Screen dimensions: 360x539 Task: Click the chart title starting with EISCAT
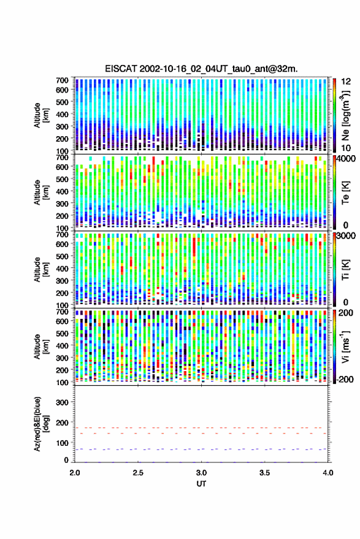(x=201, y=69)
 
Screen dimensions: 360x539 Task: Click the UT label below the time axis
(x=201, y=484)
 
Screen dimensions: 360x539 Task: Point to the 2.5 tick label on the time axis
(x=138, y=473)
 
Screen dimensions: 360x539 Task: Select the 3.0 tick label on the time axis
(x=202, y=473)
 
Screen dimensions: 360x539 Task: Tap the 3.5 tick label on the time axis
(x=265, y=473)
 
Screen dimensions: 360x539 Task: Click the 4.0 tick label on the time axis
(x=328, y=473)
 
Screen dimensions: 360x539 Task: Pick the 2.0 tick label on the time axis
(x=75, y=473)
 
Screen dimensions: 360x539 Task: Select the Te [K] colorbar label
(x=345, y=193)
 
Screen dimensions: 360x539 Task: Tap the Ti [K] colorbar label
(x=345, y=270)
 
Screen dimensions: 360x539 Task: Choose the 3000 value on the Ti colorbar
(x=347, y=236)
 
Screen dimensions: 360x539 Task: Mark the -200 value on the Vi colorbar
(x=345, y=379)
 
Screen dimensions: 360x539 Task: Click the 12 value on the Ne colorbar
(x=347, y=82)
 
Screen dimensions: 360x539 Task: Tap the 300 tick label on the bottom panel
(x=62, y=402)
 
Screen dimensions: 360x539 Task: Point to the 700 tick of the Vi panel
(x=62, y=312)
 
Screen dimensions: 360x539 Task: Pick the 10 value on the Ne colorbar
(x=347, y=148)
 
